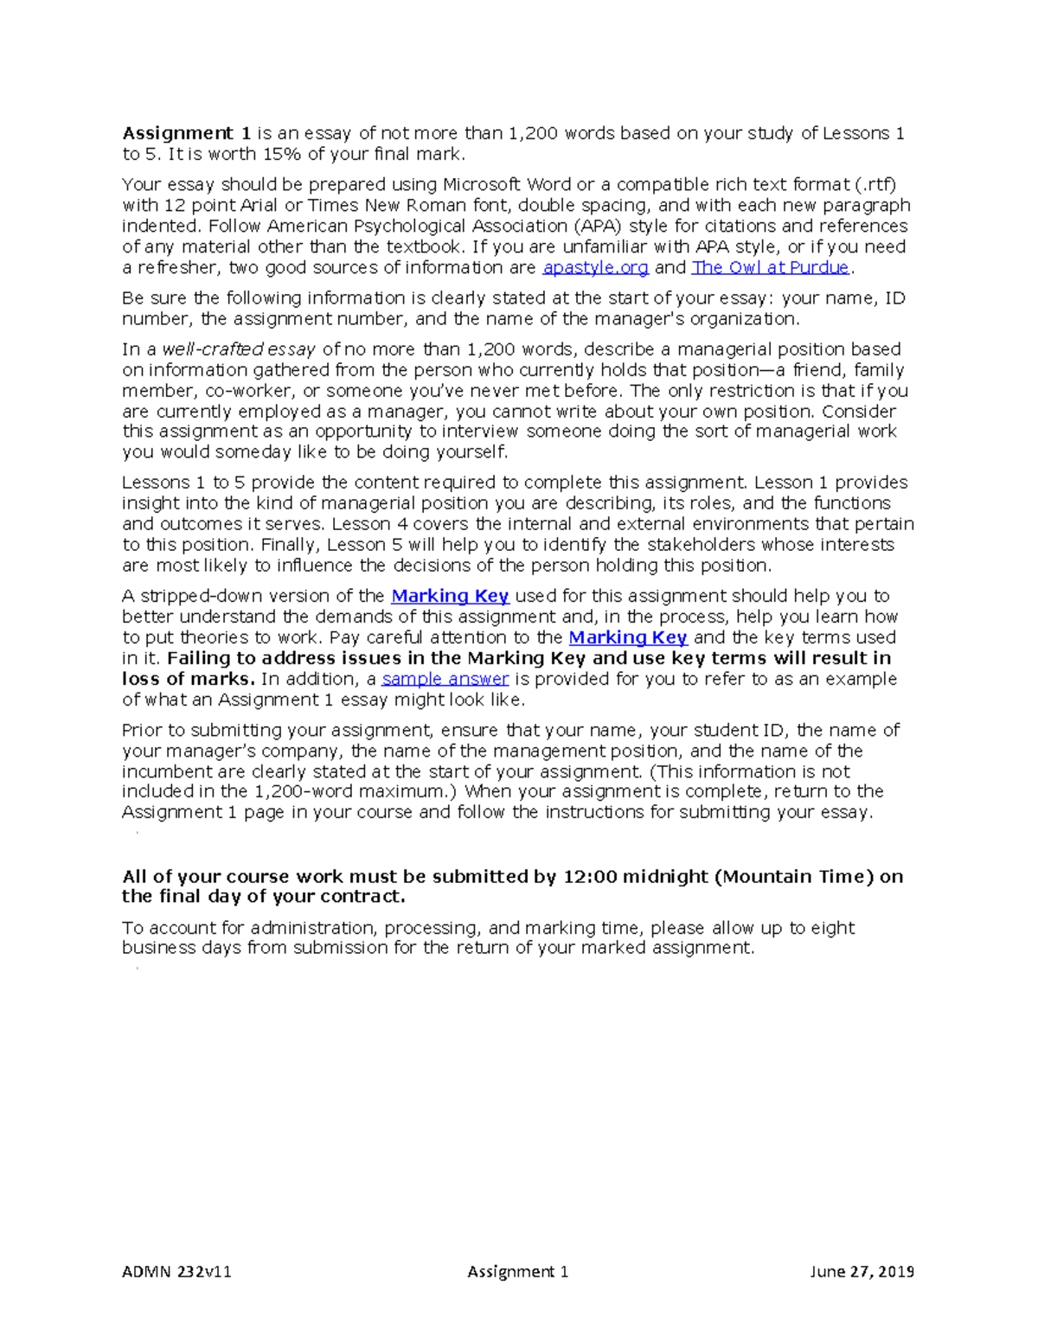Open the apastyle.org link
coord(595,268)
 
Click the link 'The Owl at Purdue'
coord(770,268)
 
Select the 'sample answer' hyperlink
coord(445,680)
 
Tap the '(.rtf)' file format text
coord(875,185)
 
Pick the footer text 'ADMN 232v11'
coord(176,1271)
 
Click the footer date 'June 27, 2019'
coord(862,1271)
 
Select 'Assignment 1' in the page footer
coord(517,1271)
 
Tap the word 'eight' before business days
coord(833,928)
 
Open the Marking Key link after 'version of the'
coord(450,597)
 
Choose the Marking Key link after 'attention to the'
coord(627,638)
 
